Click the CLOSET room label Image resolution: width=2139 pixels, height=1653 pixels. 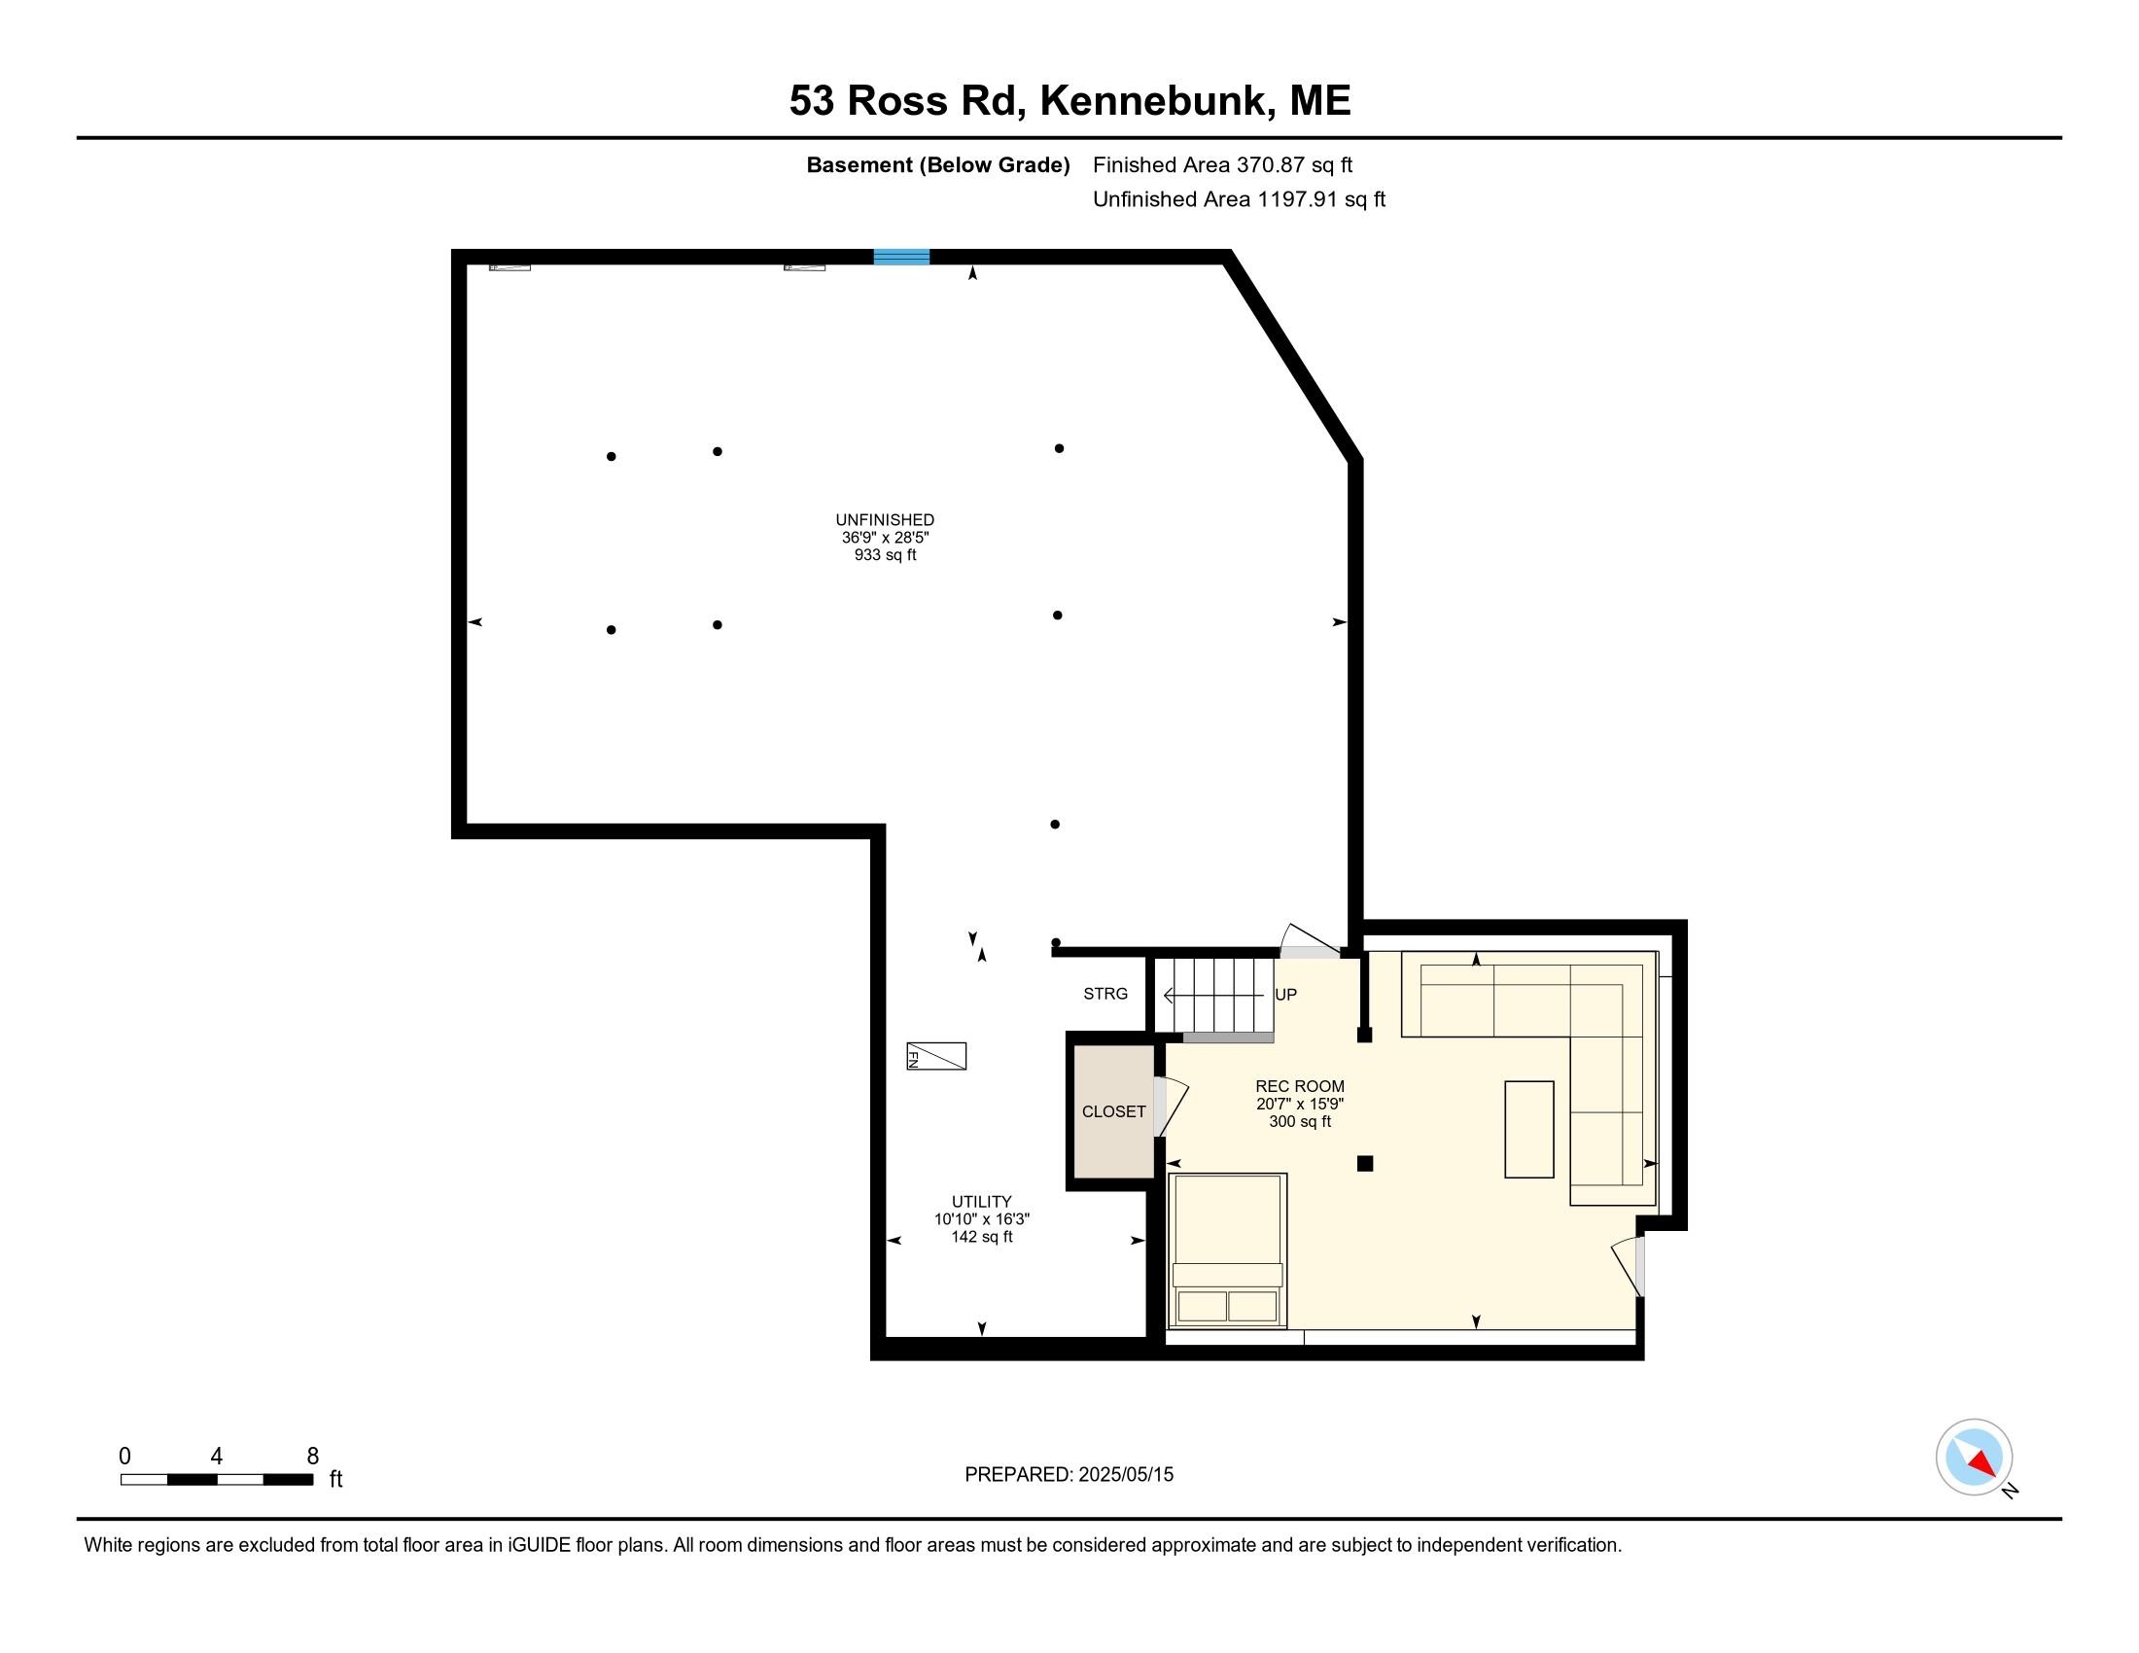(x=1113, y=1111)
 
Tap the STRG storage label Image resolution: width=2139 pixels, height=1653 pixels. (x=1105, y=993)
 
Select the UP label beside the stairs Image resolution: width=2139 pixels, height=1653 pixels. (x=1285, y=994)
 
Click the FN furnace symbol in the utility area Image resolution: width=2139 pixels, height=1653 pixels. (x=935, y=1056)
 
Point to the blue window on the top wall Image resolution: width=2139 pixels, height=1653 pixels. (x=901, y=257)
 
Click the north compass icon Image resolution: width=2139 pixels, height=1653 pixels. (x=1974, y=1458)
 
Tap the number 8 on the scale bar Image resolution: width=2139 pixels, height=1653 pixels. (x=312, y=1457)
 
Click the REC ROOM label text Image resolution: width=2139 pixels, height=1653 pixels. (x=1300, y=1086)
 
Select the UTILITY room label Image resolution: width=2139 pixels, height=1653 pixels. (x=981, y=1202)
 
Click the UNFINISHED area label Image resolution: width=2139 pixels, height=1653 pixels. (x=885, y=520)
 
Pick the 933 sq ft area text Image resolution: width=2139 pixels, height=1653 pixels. (x=885, y=555)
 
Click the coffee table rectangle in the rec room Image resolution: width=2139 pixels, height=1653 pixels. (x=1528, y=1129)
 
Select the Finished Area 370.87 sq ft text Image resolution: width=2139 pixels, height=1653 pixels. (x=1222, y=165)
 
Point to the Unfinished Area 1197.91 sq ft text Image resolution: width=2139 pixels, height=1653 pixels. (x=1239, y=199)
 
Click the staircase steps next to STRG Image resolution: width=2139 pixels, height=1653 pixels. (x=1214, y=995)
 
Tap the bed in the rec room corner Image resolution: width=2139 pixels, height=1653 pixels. (x=1227, y=1250)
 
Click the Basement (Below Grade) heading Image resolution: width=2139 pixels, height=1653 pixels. (x=937, y=165)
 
